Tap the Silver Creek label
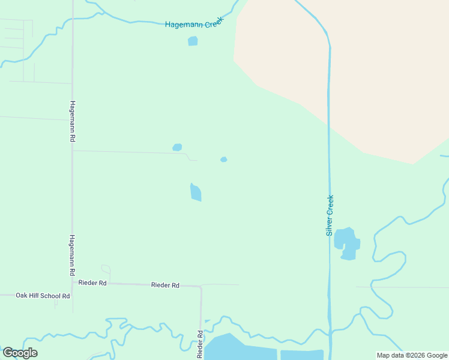point(330,215)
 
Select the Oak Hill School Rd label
point(43,295)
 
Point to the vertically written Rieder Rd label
point(200,344)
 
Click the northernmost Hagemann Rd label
point(72,121)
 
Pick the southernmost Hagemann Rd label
point(72,255)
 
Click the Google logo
point(20,353)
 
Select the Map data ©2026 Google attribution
point(412,355)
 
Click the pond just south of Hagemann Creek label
point(193,41)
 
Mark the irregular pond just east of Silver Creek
point(346,243)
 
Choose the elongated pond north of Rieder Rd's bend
point(196,193)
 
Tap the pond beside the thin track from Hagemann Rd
point(177,147)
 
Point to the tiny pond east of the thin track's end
point(223,160)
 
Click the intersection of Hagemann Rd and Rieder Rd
point(73,282)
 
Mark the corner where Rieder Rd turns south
point(200,287)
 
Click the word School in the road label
point(46,295)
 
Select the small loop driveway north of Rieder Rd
point(106,269)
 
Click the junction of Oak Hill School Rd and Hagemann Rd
point(73,295)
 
